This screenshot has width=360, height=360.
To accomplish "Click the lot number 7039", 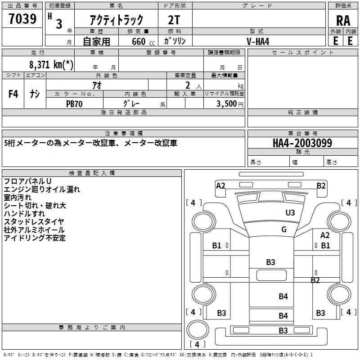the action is (22, 18).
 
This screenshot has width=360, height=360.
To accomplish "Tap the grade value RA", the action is (343, 21).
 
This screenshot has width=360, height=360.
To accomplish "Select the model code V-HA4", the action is (258, 41).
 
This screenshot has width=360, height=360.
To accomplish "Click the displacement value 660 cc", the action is (143, 41).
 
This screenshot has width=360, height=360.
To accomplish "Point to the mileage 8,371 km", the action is (51, 64).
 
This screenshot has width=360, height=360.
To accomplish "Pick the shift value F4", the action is (13, 94).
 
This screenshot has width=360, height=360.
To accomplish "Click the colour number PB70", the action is (74, 104).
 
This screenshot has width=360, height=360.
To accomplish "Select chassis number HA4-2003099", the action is (302, 143).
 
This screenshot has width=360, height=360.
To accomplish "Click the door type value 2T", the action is (174, 20).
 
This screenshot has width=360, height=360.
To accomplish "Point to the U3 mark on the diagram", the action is (290, 212).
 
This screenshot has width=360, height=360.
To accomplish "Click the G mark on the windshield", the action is (284, 229).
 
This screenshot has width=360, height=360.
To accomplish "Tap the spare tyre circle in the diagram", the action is (198, 329).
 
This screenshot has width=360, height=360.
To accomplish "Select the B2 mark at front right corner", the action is (321, 185).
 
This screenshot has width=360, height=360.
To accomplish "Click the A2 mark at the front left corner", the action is (220, 185).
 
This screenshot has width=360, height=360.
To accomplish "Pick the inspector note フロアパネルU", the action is (27, 181).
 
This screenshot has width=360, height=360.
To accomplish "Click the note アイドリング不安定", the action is (35, 238).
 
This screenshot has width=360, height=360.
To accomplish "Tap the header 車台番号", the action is (302, 133).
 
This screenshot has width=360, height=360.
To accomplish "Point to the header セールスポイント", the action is (302, 52).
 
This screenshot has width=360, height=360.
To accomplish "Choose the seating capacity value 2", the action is (188, 85).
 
